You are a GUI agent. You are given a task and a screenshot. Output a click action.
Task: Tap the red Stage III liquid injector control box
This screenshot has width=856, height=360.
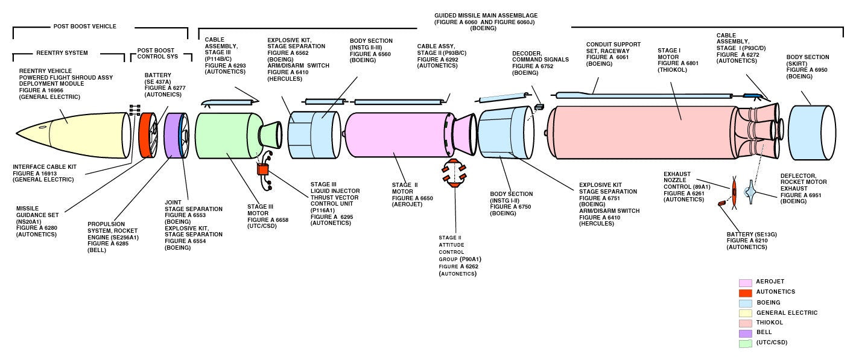point(262,170)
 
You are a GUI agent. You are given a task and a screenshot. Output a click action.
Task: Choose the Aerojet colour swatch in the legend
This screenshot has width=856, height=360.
point(745,282)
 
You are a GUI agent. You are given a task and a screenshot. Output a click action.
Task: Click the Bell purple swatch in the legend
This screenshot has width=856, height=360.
point(745,333)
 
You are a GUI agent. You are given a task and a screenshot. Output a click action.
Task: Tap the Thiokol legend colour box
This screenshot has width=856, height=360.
point(745,323)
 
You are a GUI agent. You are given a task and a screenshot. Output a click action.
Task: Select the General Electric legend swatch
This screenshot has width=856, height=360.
point(745,312)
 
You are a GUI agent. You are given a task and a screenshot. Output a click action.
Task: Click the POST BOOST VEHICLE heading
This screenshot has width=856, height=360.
point(84,27)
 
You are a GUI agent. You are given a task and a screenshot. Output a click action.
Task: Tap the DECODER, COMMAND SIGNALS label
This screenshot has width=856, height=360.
point(541,56)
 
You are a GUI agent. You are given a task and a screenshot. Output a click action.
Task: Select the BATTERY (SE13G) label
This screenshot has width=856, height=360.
point(747,233)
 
